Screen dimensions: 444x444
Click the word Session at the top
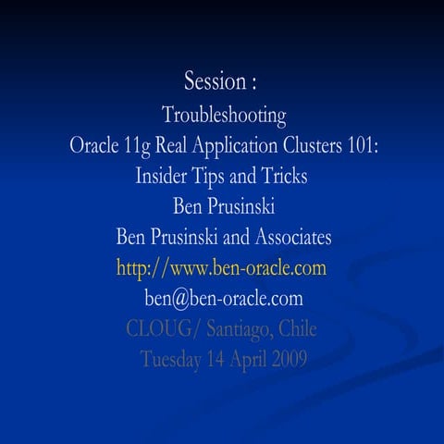click(x=212, y=81)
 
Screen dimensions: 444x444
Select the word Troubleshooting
click(x=224, y=116)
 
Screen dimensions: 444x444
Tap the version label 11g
click(x=137, y=146)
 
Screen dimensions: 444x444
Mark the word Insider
click(x=167, y=177)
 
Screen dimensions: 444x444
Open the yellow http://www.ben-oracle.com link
click(x=222, y=268)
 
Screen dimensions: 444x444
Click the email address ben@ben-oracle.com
click(x=223, y=298)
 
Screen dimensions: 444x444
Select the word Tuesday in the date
click(x=173, y=359)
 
